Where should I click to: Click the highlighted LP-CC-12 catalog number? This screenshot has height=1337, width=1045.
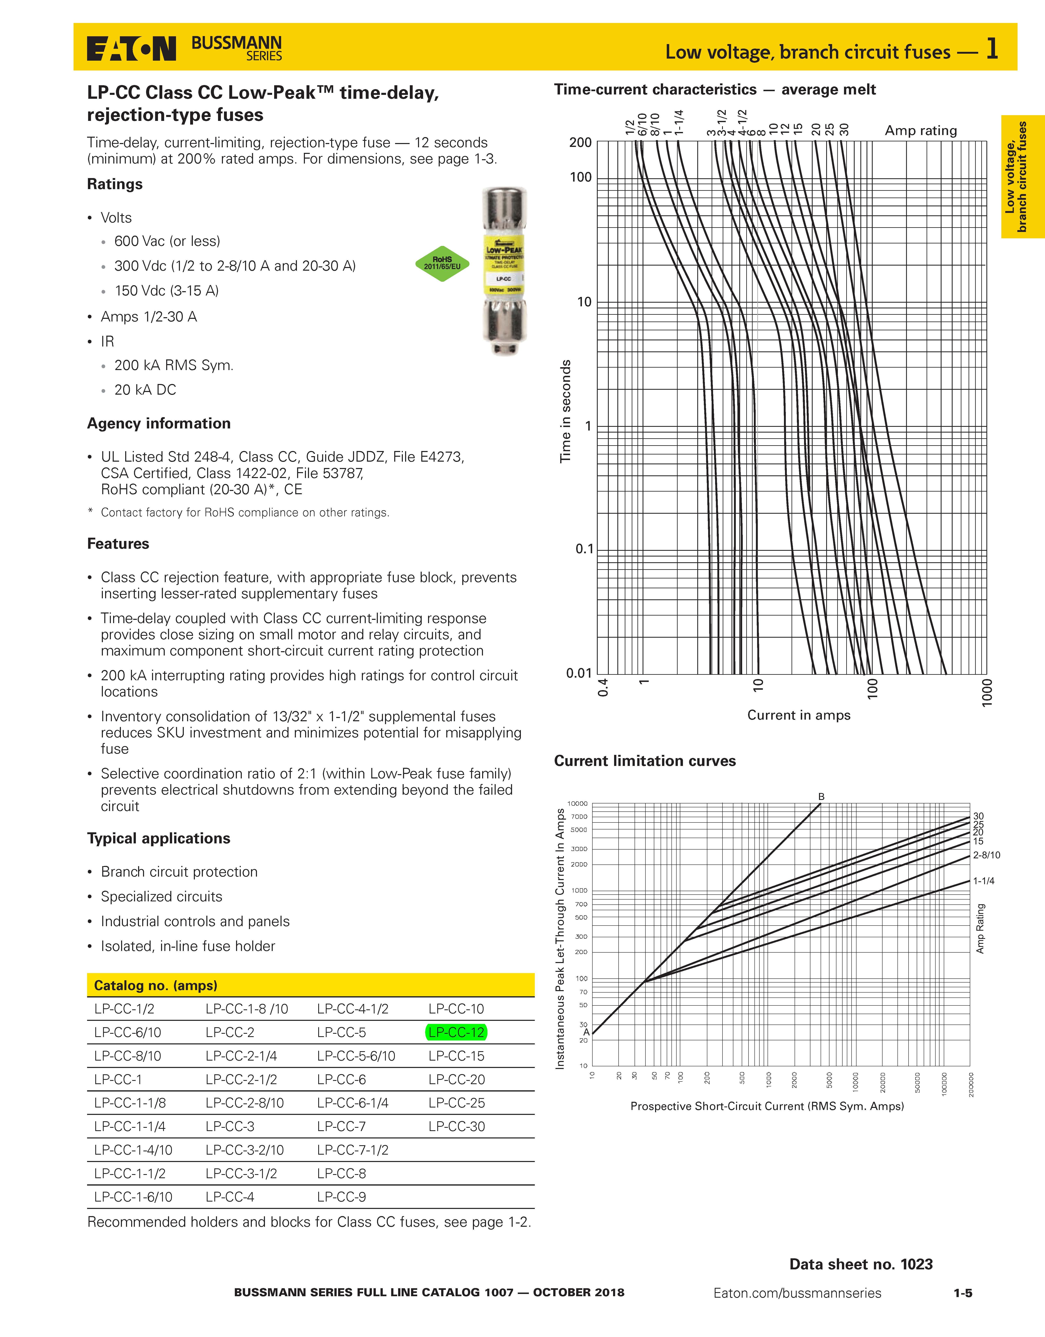(x=457, y=1032)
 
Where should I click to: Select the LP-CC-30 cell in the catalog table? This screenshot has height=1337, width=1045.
(x=457, y=1126)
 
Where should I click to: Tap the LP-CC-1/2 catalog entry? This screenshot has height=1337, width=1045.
(x=124, y=1009)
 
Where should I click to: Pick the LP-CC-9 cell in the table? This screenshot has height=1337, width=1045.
(x=342, y=1197)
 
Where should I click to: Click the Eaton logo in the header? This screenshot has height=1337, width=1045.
(x=131, y=48)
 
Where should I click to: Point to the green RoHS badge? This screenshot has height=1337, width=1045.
(x=442, y=263)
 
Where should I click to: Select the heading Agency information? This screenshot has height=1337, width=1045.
(x=159, y=424)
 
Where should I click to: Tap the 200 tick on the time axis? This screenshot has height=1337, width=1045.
(x=580, y=143)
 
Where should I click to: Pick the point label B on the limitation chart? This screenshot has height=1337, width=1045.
(x=821, y=796)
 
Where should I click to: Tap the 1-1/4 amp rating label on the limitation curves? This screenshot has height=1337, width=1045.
(x=984, y=881)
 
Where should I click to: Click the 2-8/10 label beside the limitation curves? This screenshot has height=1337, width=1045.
(x=986, y=855)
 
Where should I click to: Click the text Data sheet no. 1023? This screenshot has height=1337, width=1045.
(x=861, y=1264)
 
